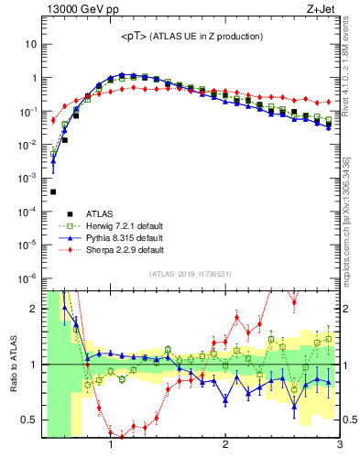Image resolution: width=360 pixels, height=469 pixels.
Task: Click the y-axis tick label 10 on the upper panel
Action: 31,44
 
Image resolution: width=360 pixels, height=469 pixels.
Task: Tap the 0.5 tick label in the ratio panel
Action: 29,420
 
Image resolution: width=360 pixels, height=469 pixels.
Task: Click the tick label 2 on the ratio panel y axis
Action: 34,309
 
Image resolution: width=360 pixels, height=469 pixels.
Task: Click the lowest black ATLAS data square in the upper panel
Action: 53,191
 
